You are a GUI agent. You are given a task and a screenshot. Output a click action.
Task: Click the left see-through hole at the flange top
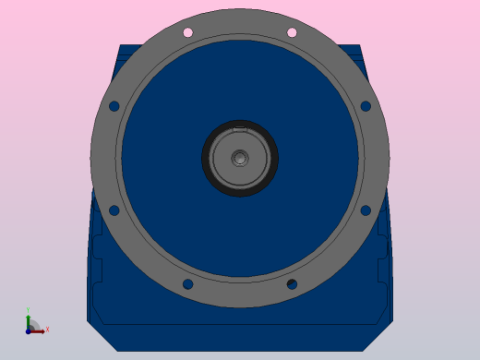[x=187, y=32]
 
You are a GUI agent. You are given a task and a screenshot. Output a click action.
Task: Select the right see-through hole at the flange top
[x=292, y=32]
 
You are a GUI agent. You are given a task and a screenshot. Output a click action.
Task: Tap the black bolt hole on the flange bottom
[x=292, y=284]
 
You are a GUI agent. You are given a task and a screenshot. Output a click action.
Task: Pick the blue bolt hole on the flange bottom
[x=187, y=284]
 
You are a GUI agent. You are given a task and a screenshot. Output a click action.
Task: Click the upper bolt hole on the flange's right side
[x=366, y=106]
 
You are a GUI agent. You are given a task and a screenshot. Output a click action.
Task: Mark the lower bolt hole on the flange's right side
[x=366, y=210]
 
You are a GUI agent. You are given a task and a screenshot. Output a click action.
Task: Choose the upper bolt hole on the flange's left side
[x=114, y=106]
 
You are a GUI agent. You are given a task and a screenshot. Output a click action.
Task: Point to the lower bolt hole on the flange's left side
[x=114, y=210]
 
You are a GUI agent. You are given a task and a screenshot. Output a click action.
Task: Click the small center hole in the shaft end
[x=240, y=158]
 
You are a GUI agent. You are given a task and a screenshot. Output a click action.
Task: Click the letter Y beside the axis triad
[x=28, y=310]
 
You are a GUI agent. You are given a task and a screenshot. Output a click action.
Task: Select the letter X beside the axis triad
[x=47, y=329]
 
